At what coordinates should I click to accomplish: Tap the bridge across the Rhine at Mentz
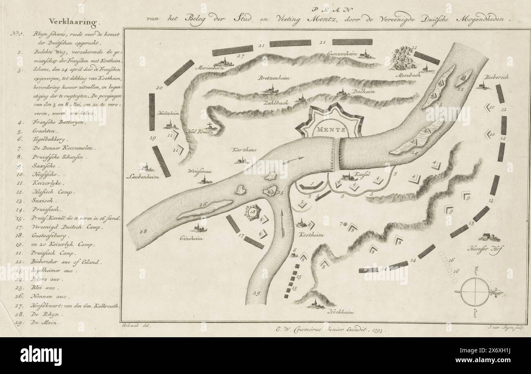coord(337,154)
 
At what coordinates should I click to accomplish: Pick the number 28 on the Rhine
coord(143,232)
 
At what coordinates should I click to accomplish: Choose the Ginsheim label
coord(192,237)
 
